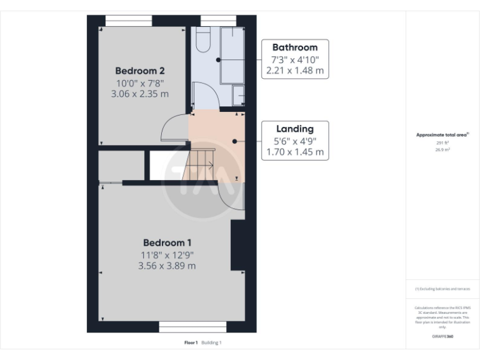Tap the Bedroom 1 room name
point(167,242)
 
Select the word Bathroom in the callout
point(294,47)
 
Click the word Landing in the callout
point(294,129)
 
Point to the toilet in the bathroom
point(202,41)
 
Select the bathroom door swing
point(204,96)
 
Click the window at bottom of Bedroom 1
point(192,327)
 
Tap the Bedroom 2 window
point(129,21)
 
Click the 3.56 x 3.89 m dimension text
point(167,266)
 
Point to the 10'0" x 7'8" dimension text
point(142,82)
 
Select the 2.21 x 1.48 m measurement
point(294,71)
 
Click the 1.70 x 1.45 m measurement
point(294,152)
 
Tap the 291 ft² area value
point(442,143)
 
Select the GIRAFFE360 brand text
point(442,336)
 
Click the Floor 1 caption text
point(191,342)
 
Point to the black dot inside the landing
point(234,141)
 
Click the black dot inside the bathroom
point(218,59)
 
